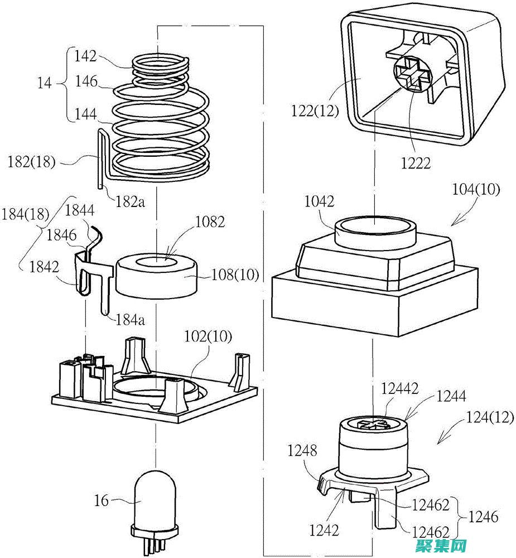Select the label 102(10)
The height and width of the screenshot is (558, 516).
[x=209, y=337]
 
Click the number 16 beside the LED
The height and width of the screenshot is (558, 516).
[x=102, y=501]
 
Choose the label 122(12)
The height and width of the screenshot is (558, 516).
[x=315, y=110]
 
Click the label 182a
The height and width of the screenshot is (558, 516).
[x=130, y=201]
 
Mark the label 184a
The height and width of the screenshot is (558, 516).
[x=130, y=320]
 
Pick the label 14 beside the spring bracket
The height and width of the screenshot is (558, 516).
[x=45, y=84]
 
